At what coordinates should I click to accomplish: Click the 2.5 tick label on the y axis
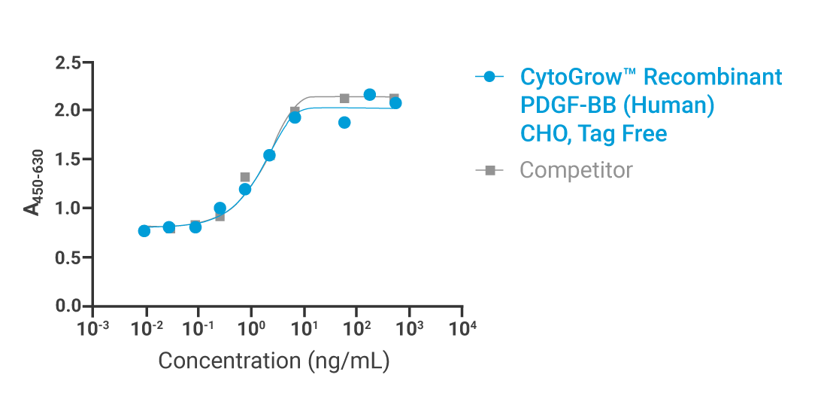coord(68,62)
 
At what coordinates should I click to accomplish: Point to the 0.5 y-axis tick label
coord(68,257)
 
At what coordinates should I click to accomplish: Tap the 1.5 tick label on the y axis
coord(68,160)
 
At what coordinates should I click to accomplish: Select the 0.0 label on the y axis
coord(68,306)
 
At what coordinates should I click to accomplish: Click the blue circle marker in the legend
coord(489,77)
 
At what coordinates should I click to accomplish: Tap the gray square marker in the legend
coord(489,171)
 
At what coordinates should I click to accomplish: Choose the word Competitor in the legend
coord(576,170)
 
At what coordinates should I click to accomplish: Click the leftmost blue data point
coord(144,230)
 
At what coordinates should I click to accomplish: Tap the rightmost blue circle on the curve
coord(395,103)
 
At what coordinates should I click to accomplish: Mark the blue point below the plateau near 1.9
coord(344,123)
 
